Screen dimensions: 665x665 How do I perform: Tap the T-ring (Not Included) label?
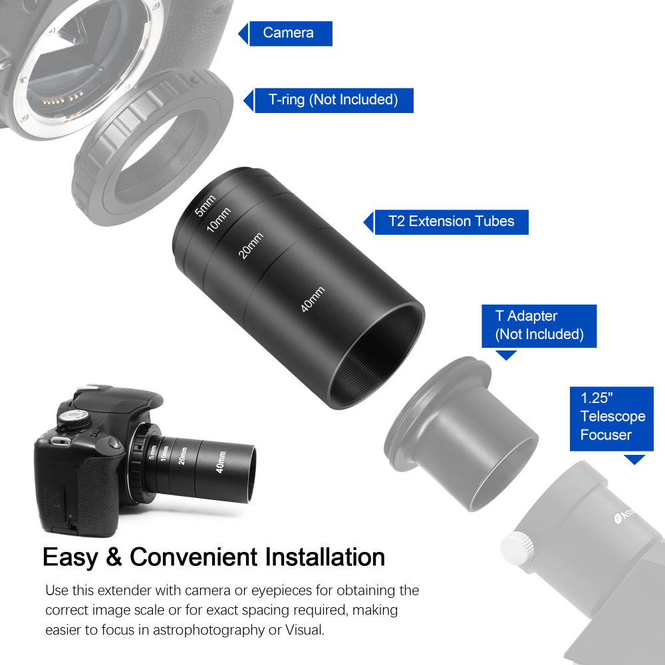pyautogui.click(x=333, y=100)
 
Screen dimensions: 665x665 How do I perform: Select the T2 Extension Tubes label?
pyautogui.click(x=452, y=221)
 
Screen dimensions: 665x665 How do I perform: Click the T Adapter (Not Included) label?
pyautogui.click(x=539, y=326)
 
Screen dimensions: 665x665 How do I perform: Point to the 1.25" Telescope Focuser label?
pyautogui.click(x=612, y=416)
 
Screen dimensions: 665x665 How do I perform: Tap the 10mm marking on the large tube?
pyautogui.click(x=218, y=220)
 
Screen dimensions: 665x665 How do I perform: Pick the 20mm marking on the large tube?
pyautogui.click(x=251, y=246)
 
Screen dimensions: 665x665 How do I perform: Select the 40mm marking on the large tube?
pyautogui.click(x=313, y=300)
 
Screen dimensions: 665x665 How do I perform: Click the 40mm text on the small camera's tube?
pyautogui.click(x=221, y=462)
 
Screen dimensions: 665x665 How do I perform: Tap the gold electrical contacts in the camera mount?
pyautogui.click(x=57, y=102)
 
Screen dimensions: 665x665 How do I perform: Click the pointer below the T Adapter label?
pyautogui.click(x=507, y=355)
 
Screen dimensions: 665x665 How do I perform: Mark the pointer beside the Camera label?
pyautogui.click(x=243, y=33)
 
